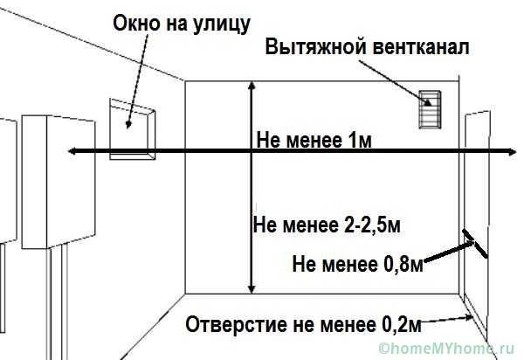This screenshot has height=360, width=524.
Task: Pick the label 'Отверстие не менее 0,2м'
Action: (x=303, y=325)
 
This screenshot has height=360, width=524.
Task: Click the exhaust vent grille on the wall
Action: (x=429, y=108)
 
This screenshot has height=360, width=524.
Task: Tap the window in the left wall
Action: (x=132, y=131)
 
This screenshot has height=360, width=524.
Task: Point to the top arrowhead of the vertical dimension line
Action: (x=252, y=86)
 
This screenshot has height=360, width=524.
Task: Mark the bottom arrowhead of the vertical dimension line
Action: (x=252, y=288)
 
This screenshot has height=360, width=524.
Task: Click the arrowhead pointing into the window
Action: (x=130, y=123)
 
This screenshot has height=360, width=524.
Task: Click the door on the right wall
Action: (x=476, y=210)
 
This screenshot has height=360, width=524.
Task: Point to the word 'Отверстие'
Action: (x=228, y=325)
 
